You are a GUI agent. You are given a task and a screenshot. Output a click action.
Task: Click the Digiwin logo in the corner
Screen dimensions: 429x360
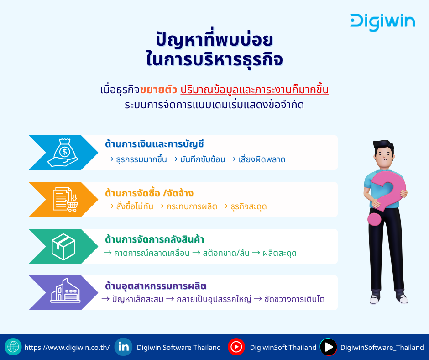click(382, 22)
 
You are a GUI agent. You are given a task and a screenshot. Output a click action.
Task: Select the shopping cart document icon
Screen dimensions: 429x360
click(65, 200)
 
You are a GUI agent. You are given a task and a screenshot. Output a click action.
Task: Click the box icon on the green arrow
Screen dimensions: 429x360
click(63, 247)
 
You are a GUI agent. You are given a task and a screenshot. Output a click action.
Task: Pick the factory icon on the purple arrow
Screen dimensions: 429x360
click(65, 291)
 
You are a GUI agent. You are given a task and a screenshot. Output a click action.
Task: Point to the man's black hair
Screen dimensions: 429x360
click(384, 147)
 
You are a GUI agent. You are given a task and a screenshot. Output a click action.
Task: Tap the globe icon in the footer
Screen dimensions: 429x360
click(13, 347)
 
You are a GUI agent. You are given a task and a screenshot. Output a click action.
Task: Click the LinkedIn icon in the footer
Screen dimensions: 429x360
click(123, 347)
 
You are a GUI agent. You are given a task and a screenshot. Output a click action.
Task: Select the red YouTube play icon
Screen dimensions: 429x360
click(236, 347)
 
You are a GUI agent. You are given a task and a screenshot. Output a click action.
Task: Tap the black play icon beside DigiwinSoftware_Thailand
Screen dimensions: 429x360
click(328, 347)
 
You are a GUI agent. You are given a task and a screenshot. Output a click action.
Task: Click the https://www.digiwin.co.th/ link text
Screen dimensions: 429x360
click(67, 348)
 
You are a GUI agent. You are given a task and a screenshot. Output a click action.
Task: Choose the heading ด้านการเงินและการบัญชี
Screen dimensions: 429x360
click(155, 144)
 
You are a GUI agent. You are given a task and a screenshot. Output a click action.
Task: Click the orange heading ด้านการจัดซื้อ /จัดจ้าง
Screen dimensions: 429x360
click(149, 193)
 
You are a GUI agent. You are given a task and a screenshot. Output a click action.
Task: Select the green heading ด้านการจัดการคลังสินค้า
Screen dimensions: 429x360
click(155, 239)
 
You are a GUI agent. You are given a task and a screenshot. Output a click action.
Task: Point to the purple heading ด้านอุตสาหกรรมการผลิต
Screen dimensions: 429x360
click(156, 286)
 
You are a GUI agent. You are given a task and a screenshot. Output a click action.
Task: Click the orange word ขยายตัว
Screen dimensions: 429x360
click(158, 90)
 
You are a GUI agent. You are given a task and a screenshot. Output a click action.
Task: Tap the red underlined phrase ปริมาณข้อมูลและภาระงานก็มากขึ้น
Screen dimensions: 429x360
click(255, 90)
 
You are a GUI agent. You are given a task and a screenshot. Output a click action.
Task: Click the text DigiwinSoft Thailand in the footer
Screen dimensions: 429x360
click(283, 348)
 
